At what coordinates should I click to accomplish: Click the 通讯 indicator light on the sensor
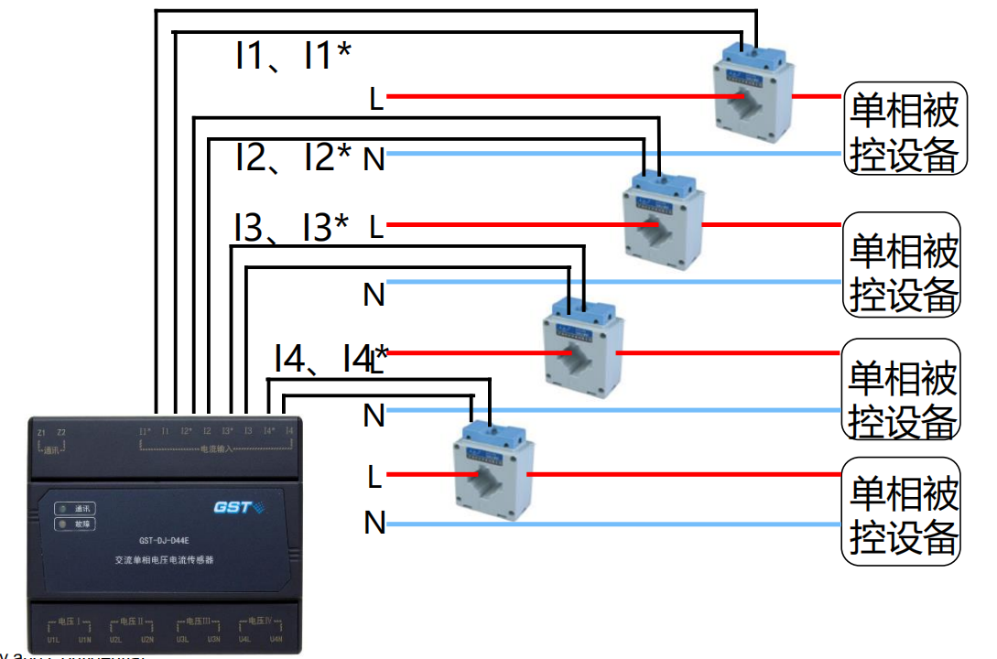[62, 509]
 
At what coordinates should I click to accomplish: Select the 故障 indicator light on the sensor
[62, 524]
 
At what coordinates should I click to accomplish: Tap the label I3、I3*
[291, 227]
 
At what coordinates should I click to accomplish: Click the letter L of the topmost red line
[375, 98]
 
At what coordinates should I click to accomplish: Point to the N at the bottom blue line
[374, 524]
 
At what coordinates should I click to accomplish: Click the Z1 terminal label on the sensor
[40, 432]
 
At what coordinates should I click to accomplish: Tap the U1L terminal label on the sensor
[52, 639]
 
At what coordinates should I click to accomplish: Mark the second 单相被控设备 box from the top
[902, 265]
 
